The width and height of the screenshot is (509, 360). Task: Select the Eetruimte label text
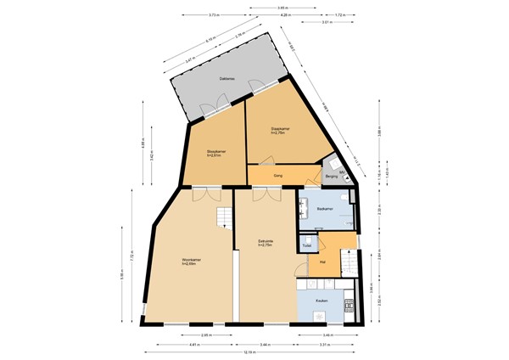[265, 243]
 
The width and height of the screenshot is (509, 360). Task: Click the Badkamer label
[323, 209]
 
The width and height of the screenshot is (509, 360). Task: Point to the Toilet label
[307, 246]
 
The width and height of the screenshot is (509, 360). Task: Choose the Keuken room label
[322, 301]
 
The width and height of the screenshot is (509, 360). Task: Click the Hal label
[323, 263]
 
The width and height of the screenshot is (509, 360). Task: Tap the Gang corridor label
[277, 176]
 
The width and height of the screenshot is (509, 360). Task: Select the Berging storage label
[330, 177]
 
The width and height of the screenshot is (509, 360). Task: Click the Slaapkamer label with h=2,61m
[213, 154]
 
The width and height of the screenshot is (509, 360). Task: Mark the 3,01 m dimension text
[327, 23]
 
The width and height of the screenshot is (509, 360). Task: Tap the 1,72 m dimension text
[339, 15]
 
